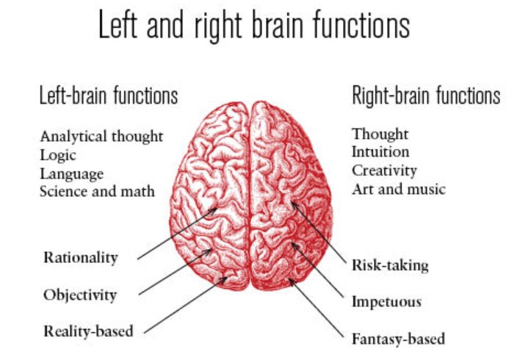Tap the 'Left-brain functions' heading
coord(108,96)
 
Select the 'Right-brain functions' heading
coord(426,96)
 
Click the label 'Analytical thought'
coord(101,137)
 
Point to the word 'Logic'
coord(58,155)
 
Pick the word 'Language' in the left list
coord(72,174)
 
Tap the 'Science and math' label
coord(97,191)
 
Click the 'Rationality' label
coord(80,257)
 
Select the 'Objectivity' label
coord(79,295)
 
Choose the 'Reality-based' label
coord(88,331)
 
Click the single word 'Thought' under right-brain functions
coord(380,134)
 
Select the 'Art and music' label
coord(398,190)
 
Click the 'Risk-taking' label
coord(390,265)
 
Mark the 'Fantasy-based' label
coord(398,339)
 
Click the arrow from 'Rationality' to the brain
coord(176,234)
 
